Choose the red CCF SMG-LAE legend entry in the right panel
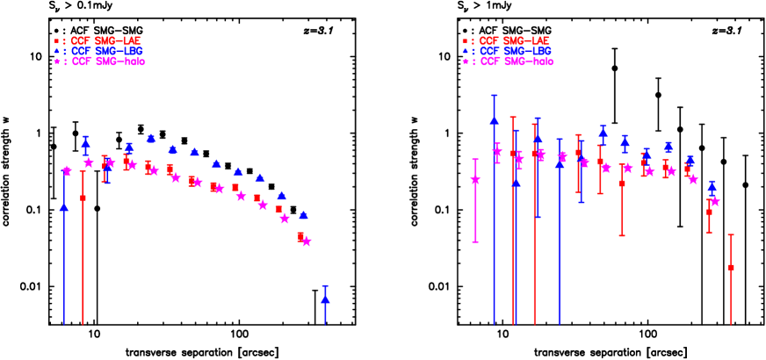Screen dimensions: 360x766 (507, 41)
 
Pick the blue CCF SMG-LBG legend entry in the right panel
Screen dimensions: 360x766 (507, 52)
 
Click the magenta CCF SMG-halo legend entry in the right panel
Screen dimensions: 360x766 (509, 62)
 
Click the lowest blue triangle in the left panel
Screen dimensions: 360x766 (325, 299)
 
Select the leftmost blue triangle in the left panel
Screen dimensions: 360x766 (64, 207)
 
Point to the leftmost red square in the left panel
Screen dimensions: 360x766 (83, 198)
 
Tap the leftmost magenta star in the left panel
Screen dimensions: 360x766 (68, 170)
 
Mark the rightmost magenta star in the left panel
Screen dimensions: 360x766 (307, 241)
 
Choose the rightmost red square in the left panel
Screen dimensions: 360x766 (300, 235)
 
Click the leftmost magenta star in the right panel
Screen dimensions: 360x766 (475, 180)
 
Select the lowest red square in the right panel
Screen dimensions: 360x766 (731, 267)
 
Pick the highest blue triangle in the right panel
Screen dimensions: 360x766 (494, 119)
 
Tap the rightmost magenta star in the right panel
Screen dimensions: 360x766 (715, 201)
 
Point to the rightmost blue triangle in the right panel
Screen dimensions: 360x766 (712, 187)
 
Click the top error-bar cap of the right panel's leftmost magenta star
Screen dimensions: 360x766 (475, 160)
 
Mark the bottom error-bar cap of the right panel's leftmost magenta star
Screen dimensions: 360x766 (475, 241)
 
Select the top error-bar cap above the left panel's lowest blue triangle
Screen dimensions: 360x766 (325, 286)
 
